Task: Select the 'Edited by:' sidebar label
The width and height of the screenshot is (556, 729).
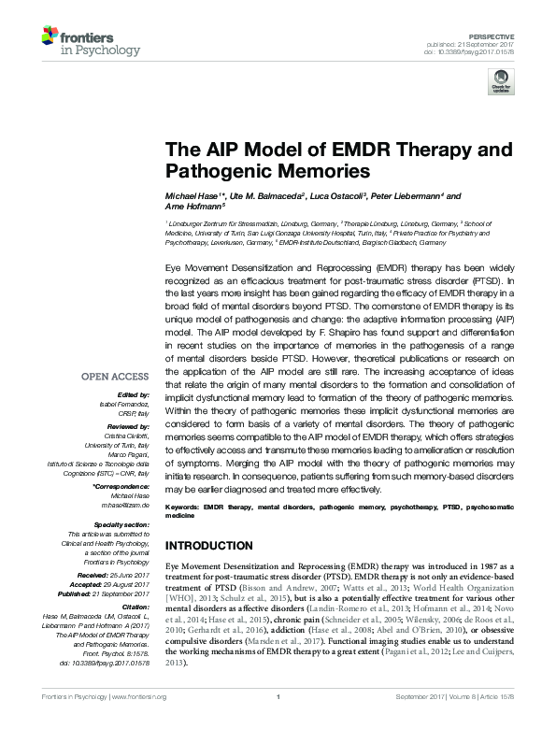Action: (x=133, y=395)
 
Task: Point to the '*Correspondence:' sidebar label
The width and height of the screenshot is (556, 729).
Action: (x=121, y=488)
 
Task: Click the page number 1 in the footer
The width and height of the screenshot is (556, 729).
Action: (x=278, y=697)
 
